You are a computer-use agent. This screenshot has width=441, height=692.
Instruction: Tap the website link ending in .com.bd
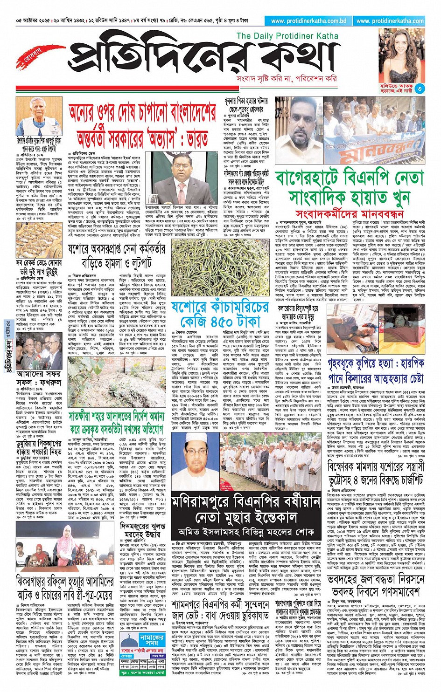tap(308, 21)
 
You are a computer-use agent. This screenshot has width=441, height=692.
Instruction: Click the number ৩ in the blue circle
tap(420, 89)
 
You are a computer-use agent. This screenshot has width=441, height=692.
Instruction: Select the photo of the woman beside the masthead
tap(401, 55)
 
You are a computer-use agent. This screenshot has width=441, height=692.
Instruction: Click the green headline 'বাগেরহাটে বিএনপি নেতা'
tap(350, 178)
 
